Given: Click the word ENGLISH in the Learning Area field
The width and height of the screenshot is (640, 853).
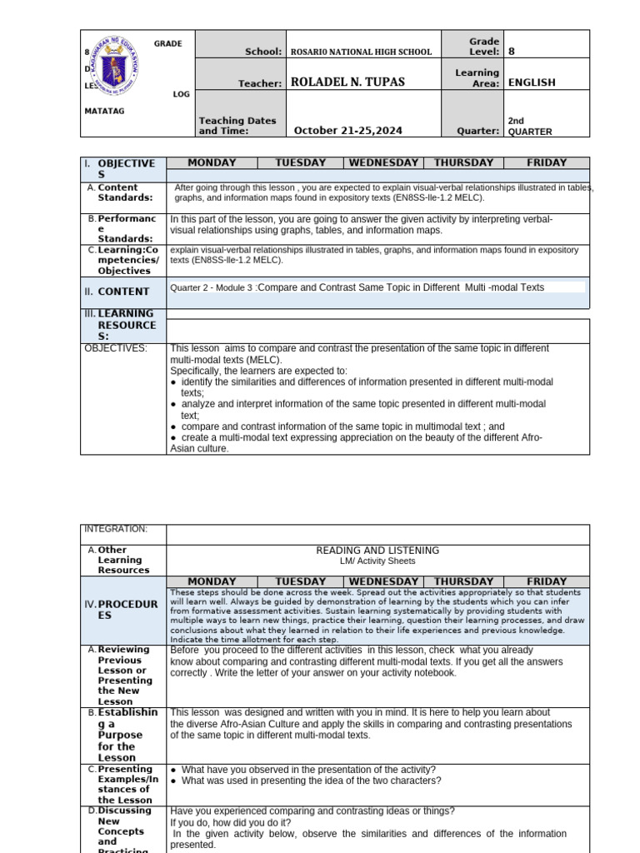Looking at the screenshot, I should point(531,82).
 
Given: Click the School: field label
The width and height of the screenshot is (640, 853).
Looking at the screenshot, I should point(263,52).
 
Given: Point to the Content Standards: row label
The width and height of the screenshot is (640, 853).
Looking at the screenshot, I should point(125,192).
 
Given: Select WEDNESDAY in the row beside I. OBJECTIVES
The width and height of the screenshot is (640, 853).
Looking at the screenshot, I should point(383,163).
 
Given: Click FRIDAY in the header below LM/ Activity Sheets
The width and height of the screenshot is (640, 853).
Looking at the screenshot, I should point(547,581).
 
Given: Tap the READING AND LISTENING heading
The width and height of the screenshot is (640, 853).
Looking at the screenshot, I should point(377,551).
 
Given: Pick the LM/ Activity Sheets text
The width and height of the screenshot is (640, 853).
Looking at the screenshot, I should point(377,561).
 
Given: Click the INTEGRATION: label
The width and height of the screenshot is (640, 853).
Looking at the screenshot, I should point(115,529).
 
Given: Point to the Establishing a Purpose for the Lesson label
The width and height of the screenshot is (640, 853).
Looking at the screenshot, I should point(127,735).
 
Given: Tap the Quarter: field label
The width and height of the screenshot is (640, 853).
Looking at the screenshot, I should point(477,131).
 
